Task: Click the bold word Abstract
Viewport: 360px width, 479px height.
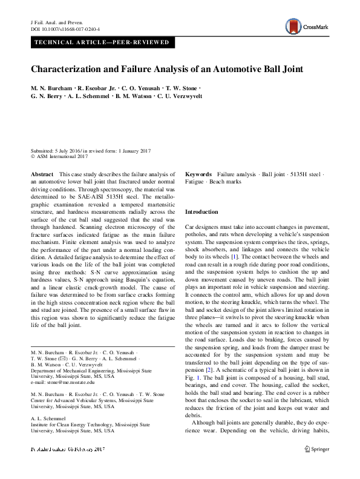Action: point(41,174)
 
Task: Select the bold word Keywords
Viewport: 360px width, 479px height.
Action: point(198,174)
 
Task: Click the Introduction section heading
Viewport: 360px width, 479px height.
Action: point(201,212)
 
